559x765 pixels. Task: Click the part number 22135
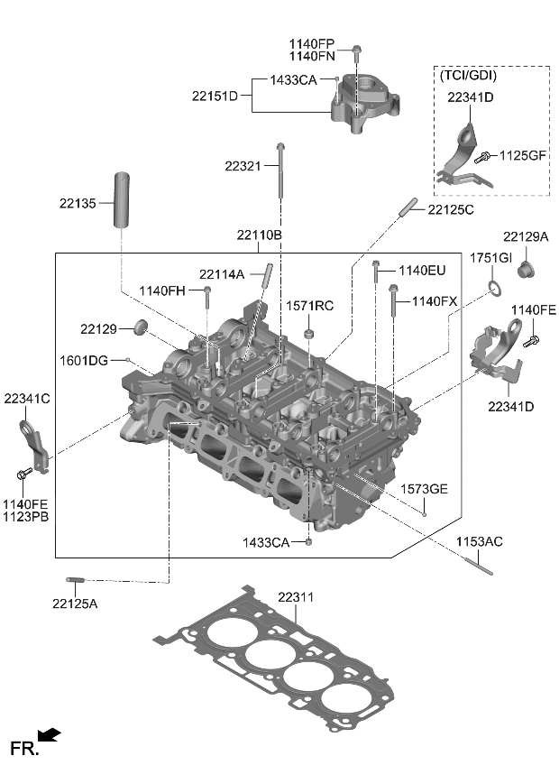pos(78,204)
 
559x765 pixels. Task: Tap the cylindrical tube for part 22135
pos(123,198)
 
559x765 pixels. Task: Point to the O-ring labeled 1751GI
pos(493,289)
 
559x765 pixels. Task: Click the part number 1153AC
pos(479,541)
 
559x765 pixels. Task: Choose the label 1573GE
pos(425,489)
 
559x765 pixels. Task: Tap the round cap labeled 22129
pos(141,326)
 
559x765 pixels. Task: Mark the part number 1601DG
pos(85,360)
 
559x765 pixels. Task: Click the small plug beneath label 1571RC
pos(310,336)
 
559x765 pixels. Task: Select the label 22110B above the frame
pos(260,235)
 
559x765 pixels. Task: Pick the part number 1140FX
pos(435,300)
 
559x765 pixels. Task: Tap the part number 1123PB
pos(25,517)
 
